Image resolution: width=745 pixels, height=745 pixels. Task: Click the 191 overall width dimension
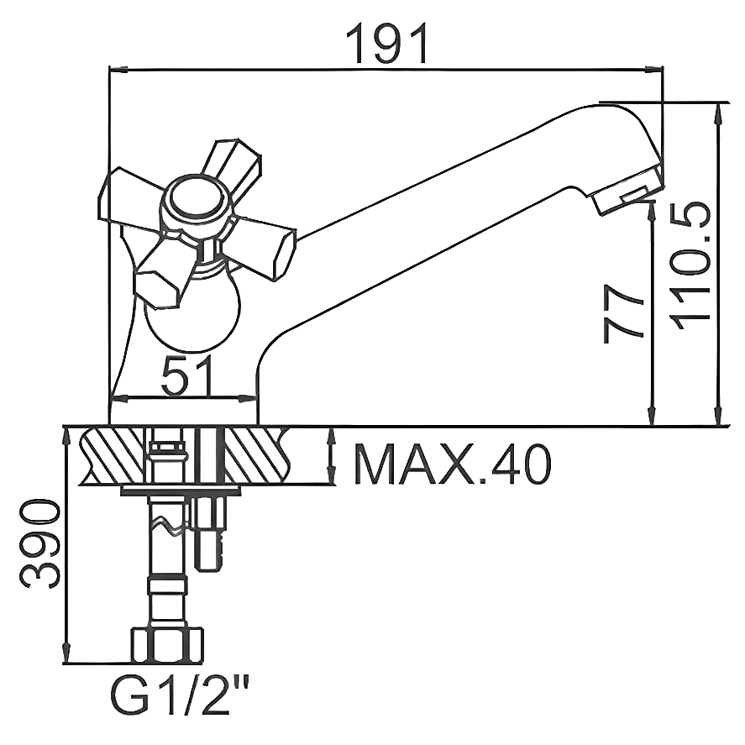tap(388, 44)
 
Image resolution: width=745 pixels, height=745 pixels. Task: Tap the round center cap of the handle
tap(194, 202)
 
